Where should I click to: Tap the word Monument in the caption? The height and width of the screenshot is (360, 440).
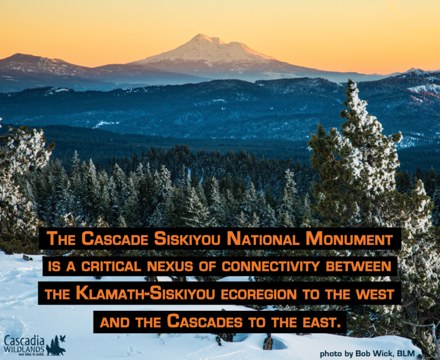[x=349, y=239]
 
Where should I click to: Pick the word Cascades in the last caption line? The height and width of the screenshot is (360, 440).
[x=205, y=321]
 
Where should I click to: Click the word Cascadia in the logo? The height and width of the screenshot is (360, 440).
[x=24, y=341]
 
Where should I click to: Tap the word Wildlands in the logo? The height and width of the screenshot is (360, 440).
[x=24, y=350]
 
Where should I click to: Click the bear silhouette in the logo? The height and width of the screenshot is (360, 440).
[x=56, y=350]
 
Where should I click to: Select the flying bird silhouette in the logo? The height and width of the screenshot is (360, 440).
[x=62, y=338]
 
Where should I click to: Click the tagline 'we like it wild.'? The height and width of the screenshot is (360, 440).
[x=32, y=354]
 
